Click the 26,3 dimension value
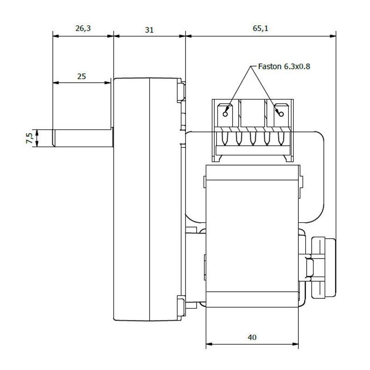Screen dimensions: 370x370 pos(83,28)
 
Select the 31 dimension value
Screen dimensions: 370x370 pos(149,30)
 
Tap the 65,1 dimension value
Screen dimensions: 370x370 pos(260,28)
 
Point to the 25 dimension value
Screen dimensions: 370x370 pos(81,76)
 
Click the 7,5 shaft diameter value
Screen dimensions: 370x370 pos(29,138)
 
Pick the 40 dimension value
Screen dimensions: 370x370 pos(252,337)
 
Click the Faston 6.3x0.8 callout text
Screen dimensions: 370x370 pos(284,67)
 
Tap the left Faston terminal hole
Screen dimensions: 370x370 pos(225,114)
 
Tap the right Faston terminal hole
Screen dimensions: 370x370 pos(281,114)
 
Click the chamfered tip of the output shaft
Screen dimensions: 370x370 pos(54,138)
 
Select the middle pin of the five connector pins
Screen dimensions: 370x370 pos(253,138)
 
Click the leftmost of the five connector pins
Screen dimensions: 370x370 pos(225,138)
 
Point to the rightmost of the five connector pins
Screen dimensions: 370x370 pos(281,138)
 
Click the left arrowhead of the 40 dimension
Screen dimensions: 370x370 pos(209,344)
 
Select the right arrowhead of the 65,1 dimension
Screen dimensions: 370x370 pos(333,36)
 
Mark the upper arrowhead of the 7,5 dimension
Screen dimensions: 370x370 pos(37,133)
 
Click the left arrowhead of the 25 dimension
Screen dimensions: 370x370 pos(55,83)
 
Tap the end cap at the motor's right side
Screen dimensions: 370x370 pos(323,268)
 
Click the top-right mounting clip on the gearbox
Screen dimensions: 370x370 pos(181,91)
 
